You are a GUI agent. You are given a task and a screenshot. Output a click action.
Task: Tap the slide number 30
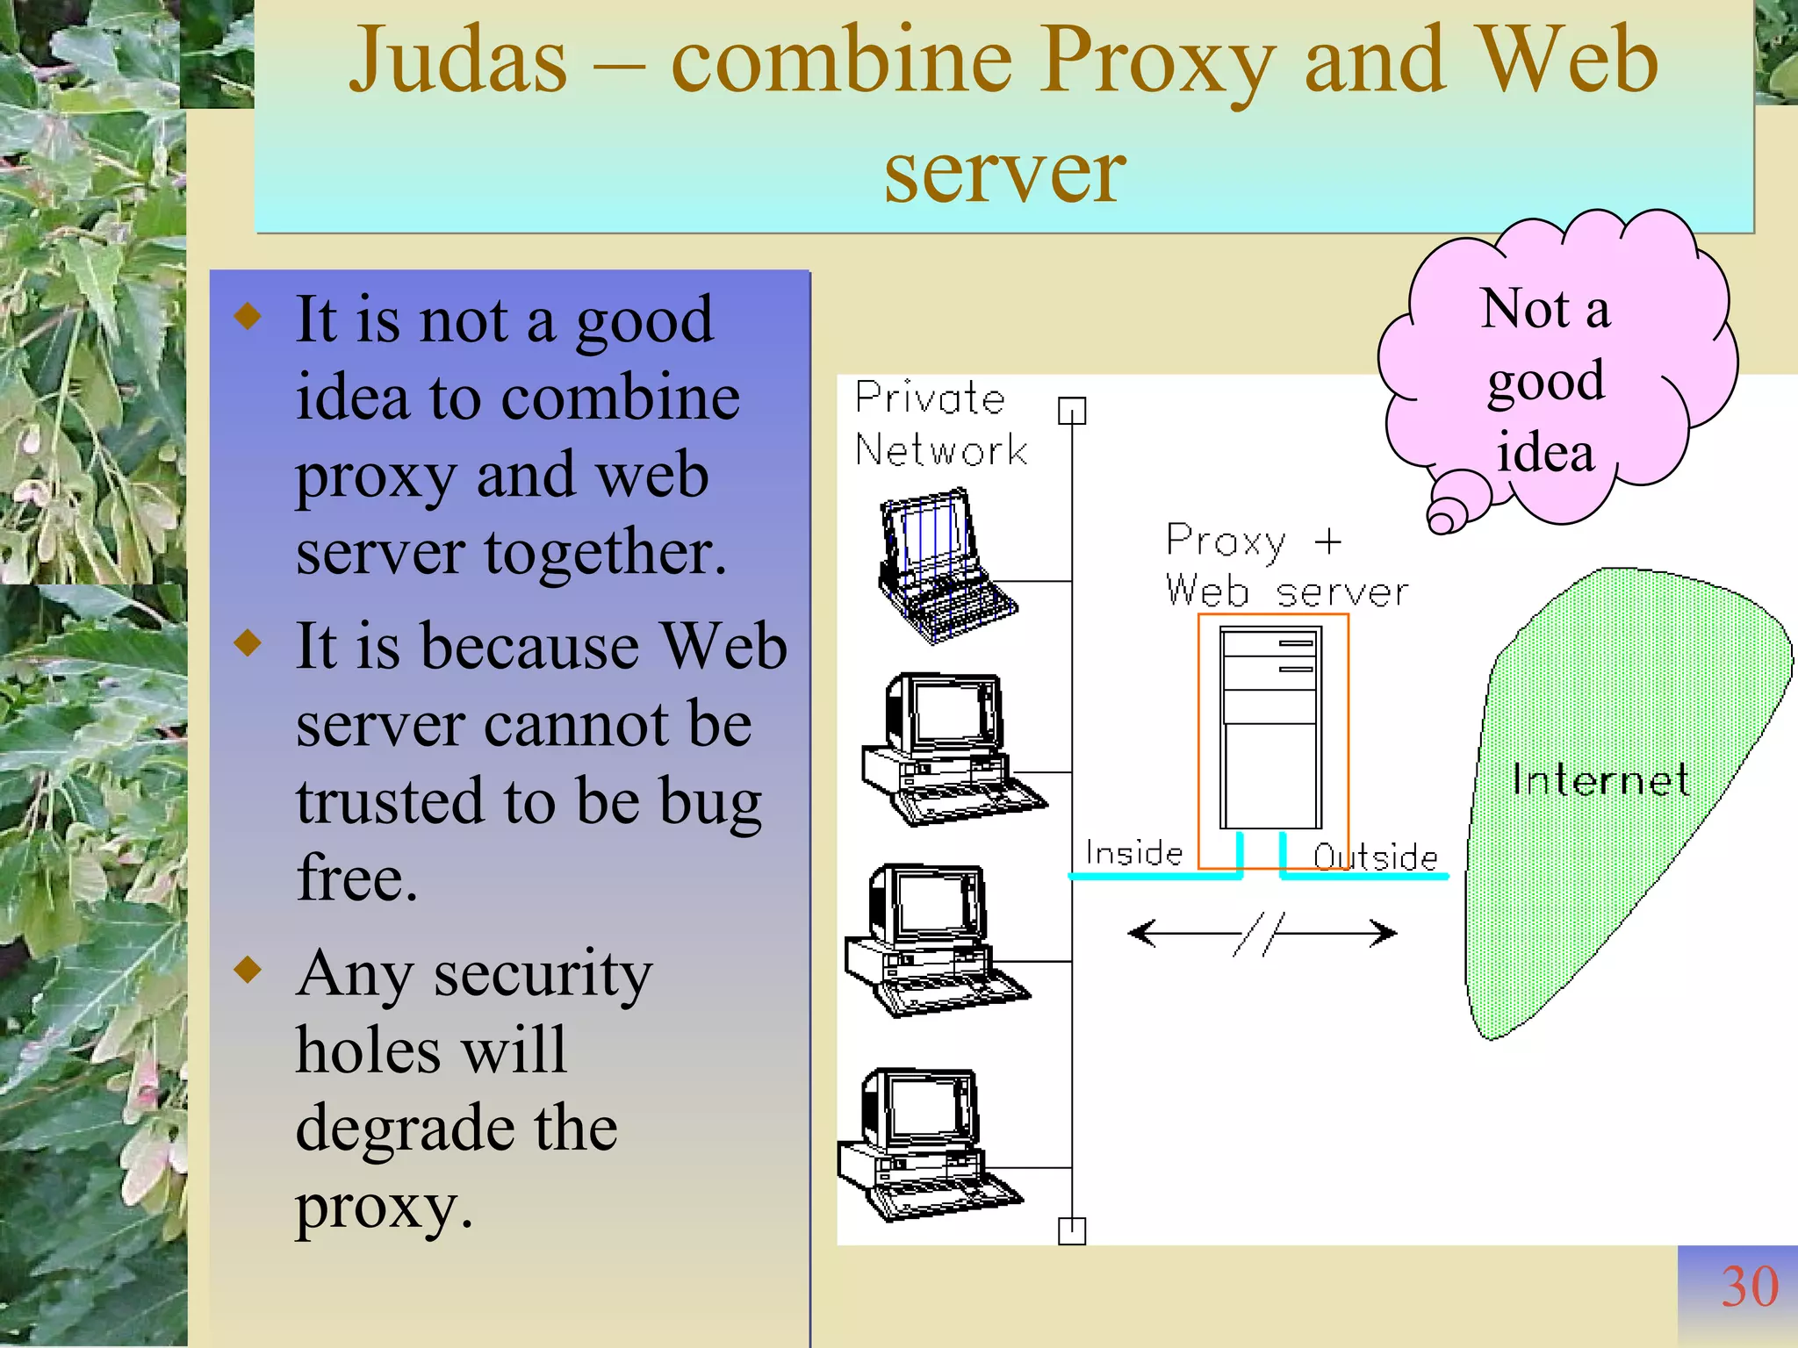(x=1749, y=1287)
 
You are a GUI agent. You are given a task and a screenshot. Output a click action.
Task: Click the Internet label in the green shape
(x=1600, y=780)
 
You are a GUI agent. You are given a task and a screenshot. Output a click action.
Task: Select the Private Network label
(x=939, y=424)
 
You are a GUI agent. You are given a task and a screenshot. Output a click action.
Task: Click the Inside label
(x=1133, y=852)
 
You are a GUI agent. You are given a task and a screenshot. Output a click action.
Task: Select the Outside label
(x=1375, y=857)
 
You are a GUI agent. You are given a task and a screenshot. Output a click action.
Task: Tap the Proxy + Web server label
(x=1285, y=566)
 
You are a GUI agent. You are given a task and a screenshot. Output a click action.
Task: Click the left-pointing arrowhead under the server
(x=1140, y=932)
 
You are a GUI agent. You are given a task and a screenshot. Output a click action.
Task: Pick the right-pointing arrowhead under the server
(x=1384, y=932)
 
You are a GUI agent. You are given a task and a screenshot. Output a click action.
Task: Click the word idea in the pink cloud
(x=1545, y=453)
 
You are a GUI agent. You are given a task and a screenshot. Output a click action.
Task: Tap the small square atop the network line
(x=1072, y=410)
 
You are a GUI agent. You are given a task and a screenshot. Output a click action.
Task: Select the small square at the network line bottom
(x=1072, y=1230)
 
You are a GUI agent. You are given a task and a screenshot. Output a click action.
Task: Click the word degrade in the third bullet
(x=405, y=1129)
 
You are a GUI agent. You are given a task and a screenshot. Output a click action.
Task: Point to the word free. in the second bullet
(x=356, y=878)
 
